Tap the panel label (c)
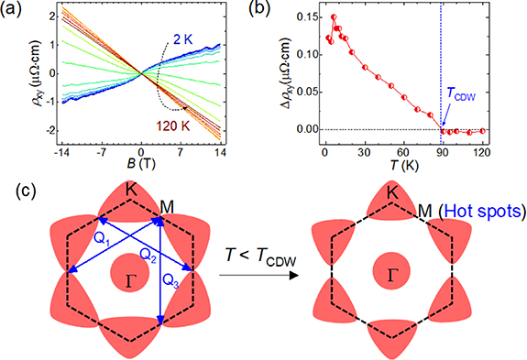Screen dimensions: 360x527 [x=13, y=192]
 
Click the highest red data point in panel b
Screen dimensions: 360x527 [x=334, y=17]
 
